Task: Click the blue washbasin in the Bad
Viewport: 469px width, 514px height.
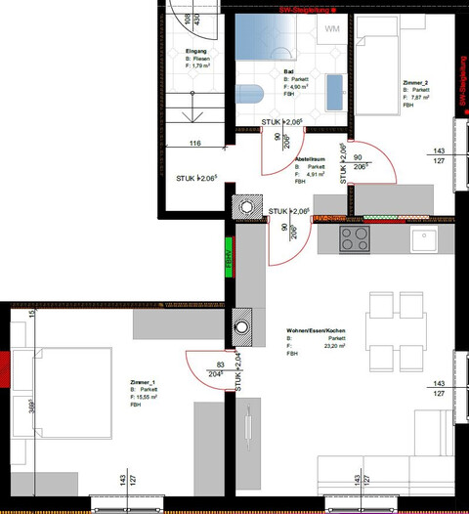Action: (x=335, y=93)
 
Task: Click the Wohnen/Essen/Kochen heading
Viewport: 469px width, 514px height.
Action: (x=316, y=331)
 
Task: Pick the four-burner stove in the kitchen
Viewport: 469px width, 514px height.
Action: (x=354, y=237)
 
